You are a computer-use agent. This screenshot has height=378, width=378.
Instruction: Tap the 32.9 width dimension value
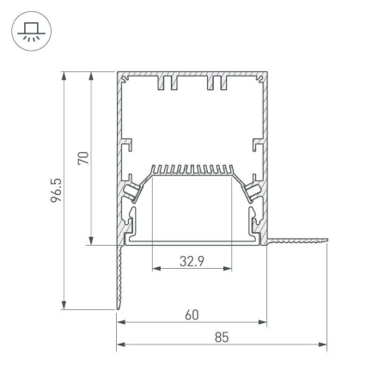click(192, 263)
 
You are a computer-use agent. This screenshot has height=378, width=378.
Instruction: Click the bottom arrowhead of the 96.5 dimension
click(64, 305)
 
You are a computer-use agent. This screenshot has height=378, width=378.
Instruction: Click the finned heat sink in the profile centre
click(192, 172)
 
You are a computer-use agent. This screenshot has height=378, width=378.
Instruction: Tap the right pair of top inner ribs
click(216, 87)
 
